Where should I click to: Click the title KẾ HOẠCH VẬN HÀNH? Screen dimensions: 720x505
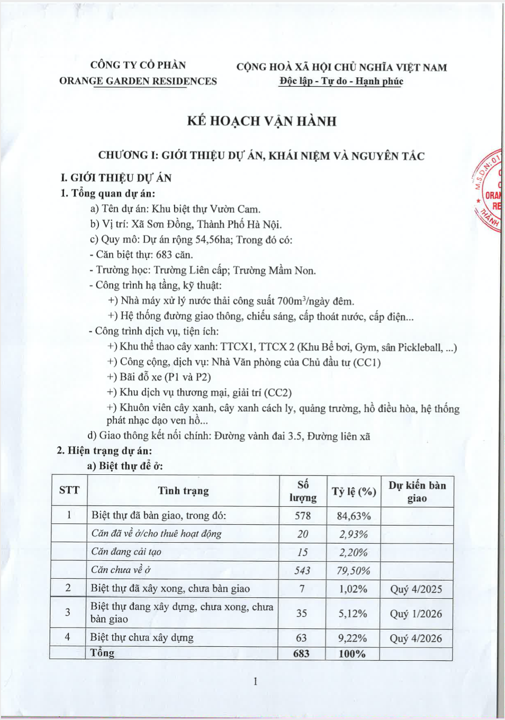pyautogui.click(x=261, y=121)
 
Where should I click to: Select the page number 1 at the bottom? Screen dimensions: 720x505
pyautogui.click(x=255, y=681)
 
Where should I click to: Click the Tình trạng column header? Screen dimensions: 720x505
pyautogui.click(x=183, y=491)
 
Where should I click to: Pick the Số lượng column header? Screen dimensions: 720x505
pyautogui.click(x=303, y=491)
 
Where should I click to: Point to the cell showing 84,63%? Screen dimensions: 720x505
pyautogui.click(x=354, y=516)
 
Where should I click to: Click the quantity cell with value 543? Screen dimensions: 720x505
pyautogui.click(x=302, y=570)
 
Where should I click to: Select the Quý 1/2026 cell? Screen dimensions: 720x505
pyautogui.click(x=416, y=614)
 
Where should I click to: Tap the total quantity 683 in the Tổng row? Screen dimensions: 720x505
pyautogui.click(x=301, y=653)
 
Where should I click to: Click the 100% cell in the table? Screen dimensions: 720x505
pyautogui.click(x=352, y=654)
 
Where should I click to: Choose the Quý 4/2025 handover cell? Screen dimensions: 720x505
pyautogui.click(x=416, y=589)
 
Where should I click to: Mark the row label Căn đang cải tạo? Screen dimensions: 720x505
pyautogui.click(x=126, y=552)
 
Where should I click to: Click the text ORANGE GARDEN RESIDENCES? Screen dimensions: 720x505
pyautogui.click(x=138, y=81)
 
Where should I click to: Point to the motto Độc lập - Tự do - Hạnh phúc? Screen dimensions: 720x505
pyautogui.click(x=341, y=81)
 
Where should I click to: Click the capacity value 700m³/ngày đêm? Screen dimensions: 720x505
pyautogui.click(x=315, y=301)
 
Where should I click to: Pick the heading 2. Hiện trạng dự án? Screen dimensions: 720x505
pyautogui.click(x=104, y=451)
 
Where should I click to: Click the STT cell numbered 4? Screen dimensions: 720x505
pyautogui.click(x=67, y=637)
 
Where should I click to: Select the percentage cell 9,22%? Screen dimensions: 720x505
pyautogui.click(x=353, y=638)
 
